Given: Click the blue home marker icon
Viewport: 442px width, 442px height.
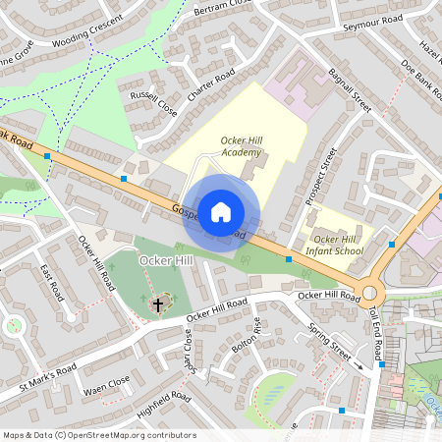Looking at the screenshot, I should [221, 211].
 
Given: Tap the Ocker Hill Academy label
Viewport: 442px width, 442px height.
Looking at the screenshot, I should [242, 146].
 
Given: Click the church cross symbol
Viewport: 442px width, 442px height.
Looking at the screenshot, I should [157, 305].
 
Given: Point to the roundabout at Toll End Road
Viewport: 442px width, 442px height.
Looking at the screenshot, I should [370, 292].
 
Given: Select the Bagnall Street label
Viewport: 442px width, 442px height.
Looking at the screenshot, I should [350, 89].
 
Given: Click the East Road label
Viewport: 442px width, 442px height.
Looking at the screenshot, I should [53, 282].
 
